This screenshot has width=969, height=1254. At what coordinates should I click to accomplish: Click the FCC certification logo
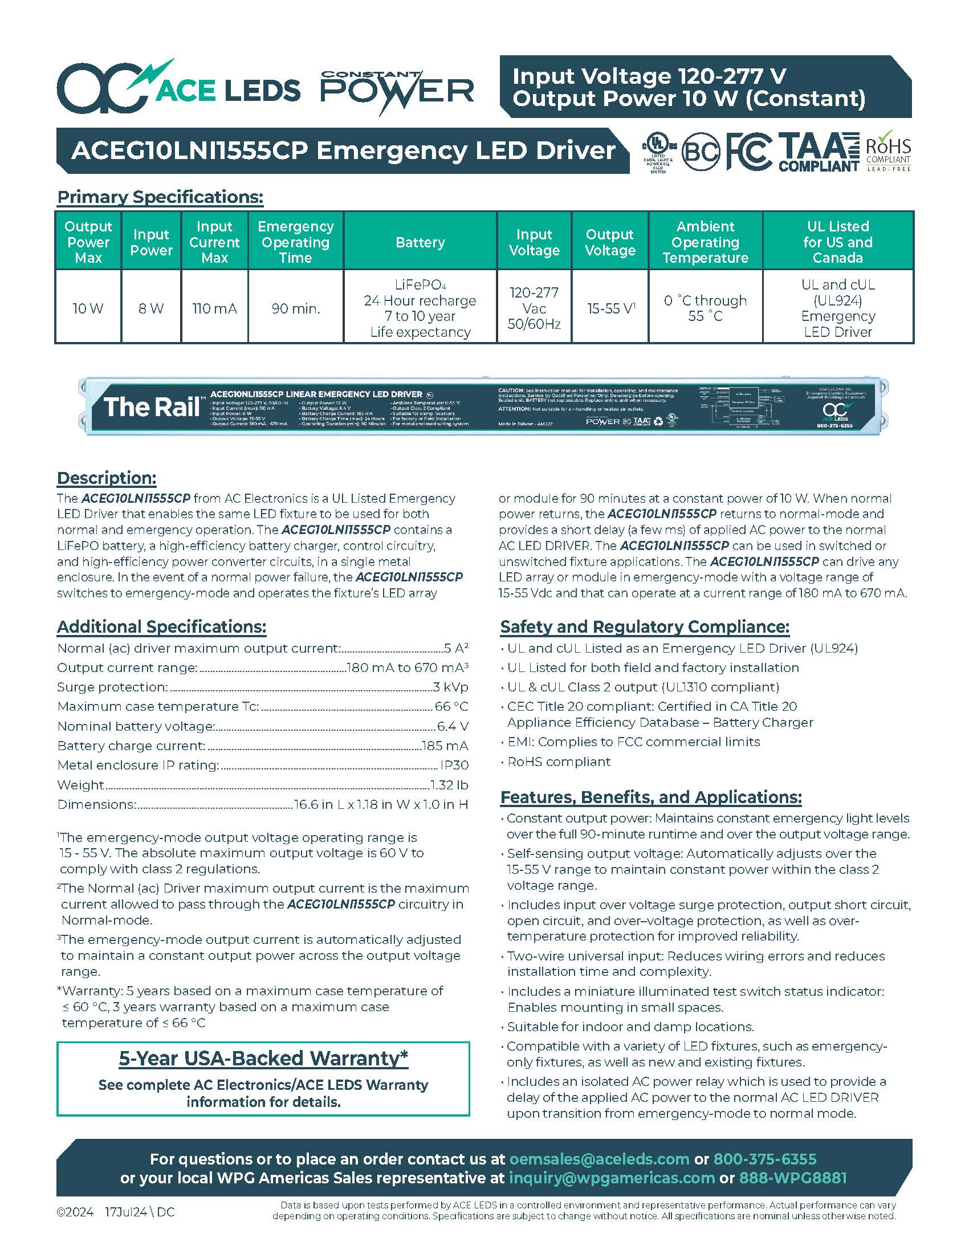click(749, 152)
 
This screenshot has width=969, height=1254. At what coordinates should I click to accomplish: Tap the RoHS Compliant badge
click(888, 152)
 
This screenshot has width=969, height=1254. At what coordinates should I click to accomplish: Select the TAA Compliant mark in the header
click(819, 152)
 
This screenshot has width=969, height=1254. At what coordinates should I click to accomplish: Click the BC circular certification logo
click(701, 152)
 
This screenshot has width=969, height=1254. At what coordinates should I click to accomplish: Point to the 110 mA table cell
click(214, 308)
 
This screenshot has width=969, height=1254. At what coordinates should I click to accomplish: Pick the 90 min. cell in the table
click(296, 308)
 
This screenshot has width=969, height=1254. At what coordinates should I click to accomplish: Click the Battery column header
click(420, 242)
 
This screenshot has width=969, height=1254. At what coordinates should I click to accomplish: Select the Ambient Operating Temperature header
click(705, 242)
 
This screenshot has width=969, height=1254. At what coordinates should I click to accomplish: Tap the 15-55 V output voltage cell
click(610, 308)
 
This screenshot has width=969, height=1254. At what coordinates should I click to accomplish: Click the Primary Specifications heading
click(160, 197)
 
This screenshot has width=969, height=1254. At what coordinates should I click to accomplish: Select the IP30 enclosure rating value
click(454, 765)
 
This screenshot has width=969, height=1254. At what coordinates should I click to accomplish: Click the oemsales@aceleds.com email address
click(599, 1159)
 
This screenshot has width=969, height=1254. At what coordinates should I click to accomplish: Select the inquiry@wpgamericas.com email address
click(612, 1178)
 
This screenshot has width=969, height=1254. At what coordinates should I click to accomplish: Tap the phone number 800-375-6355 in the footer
click(764, 1159)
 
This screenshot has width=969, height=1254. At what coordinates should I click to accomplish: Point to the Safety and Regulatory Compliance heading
click(645, 626)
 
